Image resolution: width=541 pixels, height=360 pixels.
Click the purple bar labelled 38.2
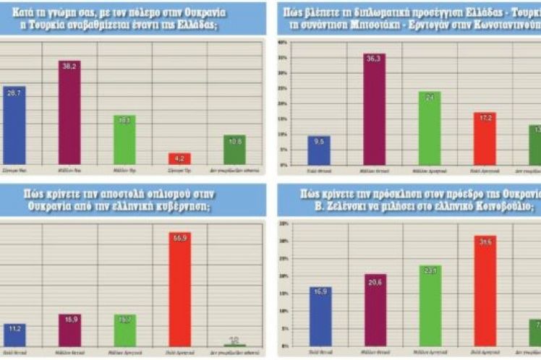(x=69, y=112)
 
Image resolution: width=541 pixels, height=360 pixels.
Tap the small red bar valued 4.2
(x=180, y=159)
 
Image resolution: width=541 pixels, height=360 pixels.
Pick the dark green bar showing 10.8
(x=234, y=150)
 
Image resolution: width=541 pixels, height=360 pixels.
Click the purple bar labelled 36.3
(x=374, y=109)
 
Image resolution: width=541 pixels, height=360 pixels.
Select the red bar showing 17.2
(x=485, y=138)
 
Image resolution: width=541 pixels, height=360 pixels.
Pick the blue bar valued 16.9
(x=319, y=317)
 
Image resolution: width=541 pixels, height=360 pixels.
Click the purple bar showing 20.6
(x=374, y=312)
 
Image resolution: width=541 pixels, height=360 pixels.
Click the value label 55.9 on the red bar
(x=180, y=238)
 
